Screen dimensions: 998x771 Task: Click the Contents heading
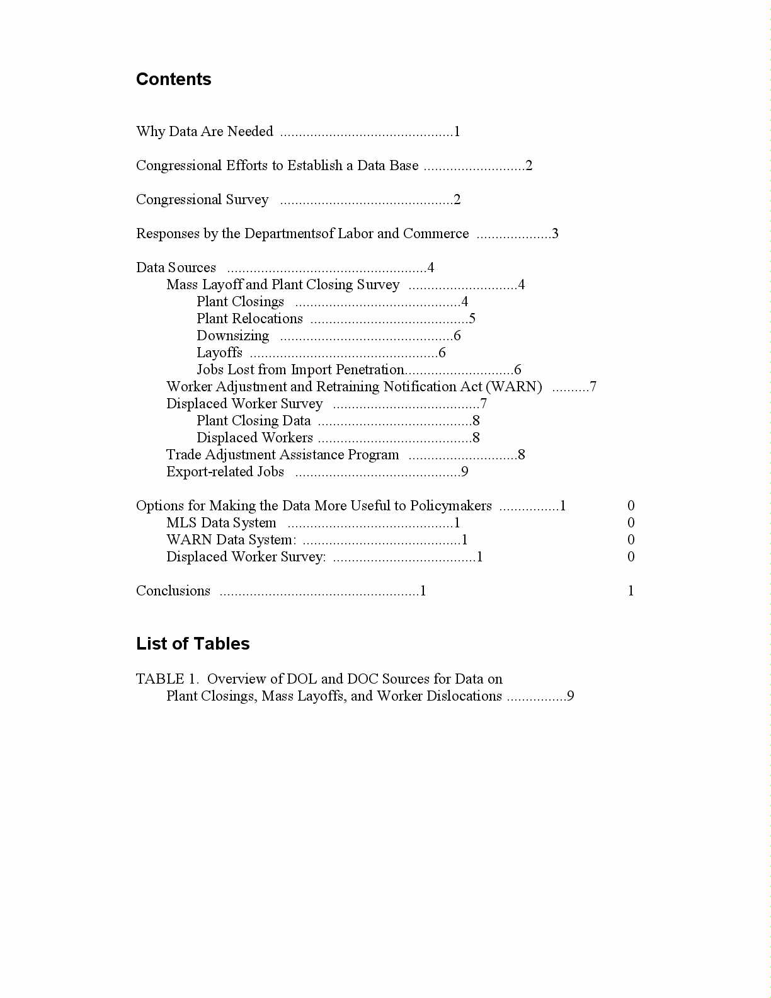point(173,79)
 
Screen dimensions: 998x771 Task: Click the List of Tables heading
point(193,644)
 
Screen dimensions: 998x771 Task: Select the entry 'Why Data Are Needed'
point(204,132)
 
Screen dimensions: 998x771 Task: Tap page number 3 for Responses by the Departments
point(555,234)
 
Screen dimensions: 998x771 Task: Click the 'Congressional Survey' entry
point(202,200)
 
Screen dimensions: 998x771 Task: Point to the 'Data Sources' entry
point(176,268)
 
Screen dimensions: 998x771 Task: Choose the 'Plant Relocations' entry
point(249,319)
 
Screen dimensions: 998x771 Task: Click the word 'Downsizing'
point(232,336)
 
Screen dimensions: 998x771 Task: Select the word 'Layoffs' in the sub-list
point(219,353)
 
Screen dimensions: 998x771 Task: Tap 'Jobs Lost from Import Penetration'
point(300,370)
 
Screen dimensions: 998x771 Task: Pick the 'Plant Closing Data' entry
point(253,421)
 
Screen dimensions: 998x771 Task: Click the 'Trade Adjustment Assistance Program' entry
point(282,455)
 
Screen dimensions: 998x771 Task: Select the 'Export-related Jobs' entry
point(225,472)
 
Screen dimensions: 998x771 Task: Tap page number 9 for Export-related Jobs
point(464,472)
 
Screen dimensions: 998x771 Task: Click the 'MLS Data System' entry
point(221,523)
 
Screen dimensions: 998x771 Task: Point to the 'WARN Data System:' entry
point(231,540)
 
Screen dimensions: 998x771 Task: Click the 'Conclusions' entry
point(173,591)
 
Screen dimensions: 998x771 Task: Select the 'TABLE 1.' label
point(167,679)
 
